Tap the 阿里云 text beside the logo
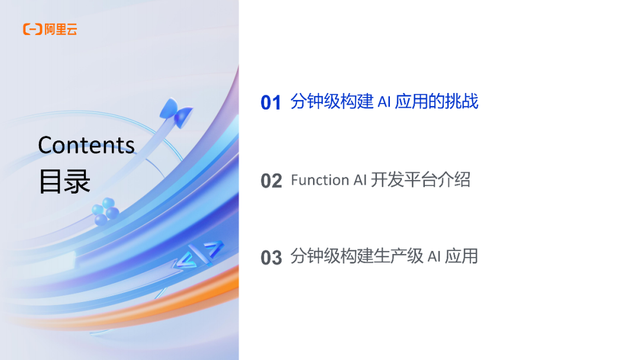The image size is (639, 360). coord(61,29)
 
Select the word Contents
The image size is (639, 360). coord(86,145)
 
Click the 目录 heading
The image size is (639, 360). coord(64,182)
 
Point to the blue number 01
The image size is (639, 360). coord(271,103)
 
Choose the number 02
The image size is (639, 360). coord(271,181)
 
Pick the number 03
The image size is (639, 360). coord(271,258)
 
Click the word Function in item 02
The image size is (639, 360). coord(320,180)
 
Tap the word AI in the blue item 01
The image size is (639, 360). coord(384,102)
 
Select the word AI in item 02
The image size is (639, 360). coord(360,180)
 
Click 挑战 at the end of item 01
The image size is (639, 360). coord(464,102)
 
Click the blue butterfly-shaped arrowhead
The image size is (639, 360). coord(176,112)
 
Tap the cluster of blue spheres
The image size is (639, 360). coord(105,211)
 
